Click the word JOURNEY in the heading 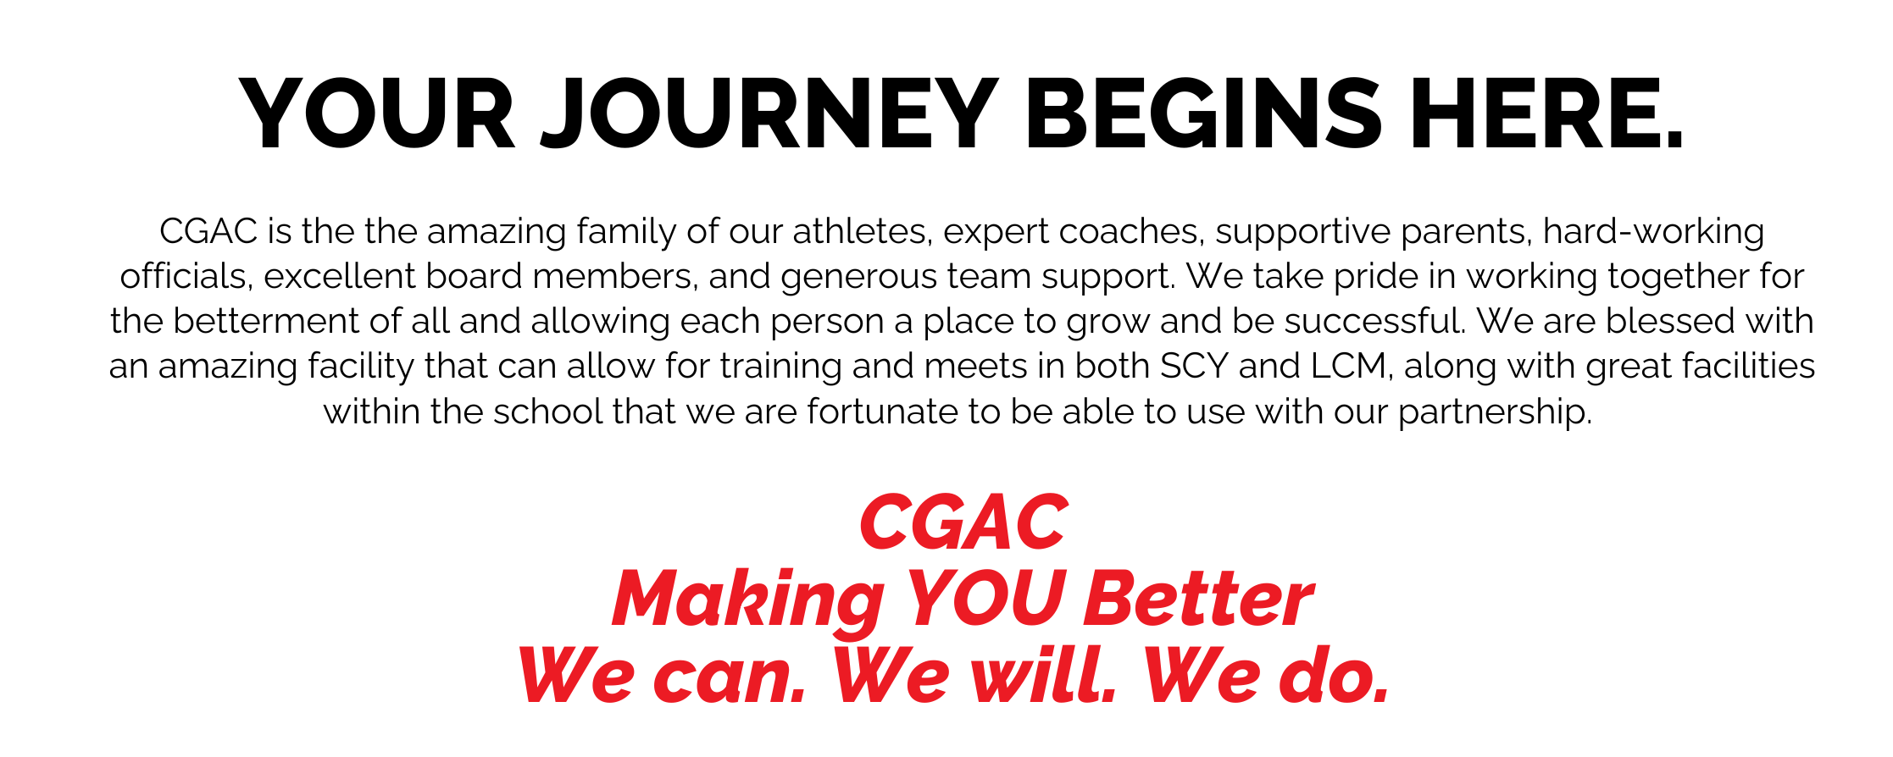tap(769, 114)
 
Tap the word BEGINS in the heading tap(1204, 114)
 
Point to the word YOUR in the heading tap(377, 114)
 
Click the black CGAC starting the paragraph tap(208, 231)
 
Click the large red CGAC tap(963, 522)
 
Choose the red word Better tap(1199, 599)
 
